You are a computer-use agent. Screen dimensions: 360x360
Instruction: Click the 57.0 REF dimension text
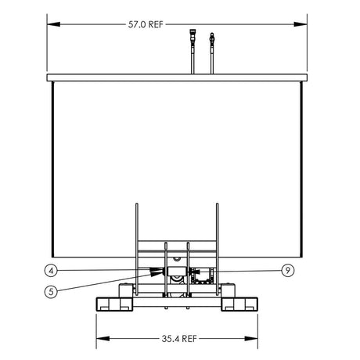tap(146, 23)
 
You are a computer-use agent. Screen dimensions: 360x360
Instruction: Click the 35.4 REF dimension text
tap(179, 339)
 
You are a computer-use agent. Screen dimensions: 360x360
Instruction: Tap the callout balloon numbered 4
tap(50, 271)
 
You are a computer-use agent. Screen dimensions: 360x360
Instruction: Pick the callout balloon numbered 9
tap(289, 271)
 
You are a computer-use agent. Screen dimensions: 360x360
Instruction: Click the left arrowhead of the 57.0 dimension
tap(52, 23)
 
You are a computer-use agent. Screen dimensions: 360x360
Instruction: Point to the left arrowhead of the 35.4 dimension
tap(101, 339)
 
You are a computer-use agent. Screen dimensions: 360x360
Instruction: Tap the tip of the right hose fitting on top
tap(211, 35)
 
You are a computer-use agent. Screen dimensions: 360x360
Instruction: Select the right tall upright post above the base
tap(215, 235)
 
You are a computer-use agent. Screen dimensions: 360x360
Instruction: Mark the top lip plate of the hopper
tap(177, 77)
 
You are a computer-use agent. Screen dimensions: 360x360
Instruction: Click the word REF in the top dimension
tap(155, 23)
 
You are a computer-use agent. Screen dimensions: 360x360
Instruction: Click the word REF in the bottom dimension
tap(189, 339)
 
